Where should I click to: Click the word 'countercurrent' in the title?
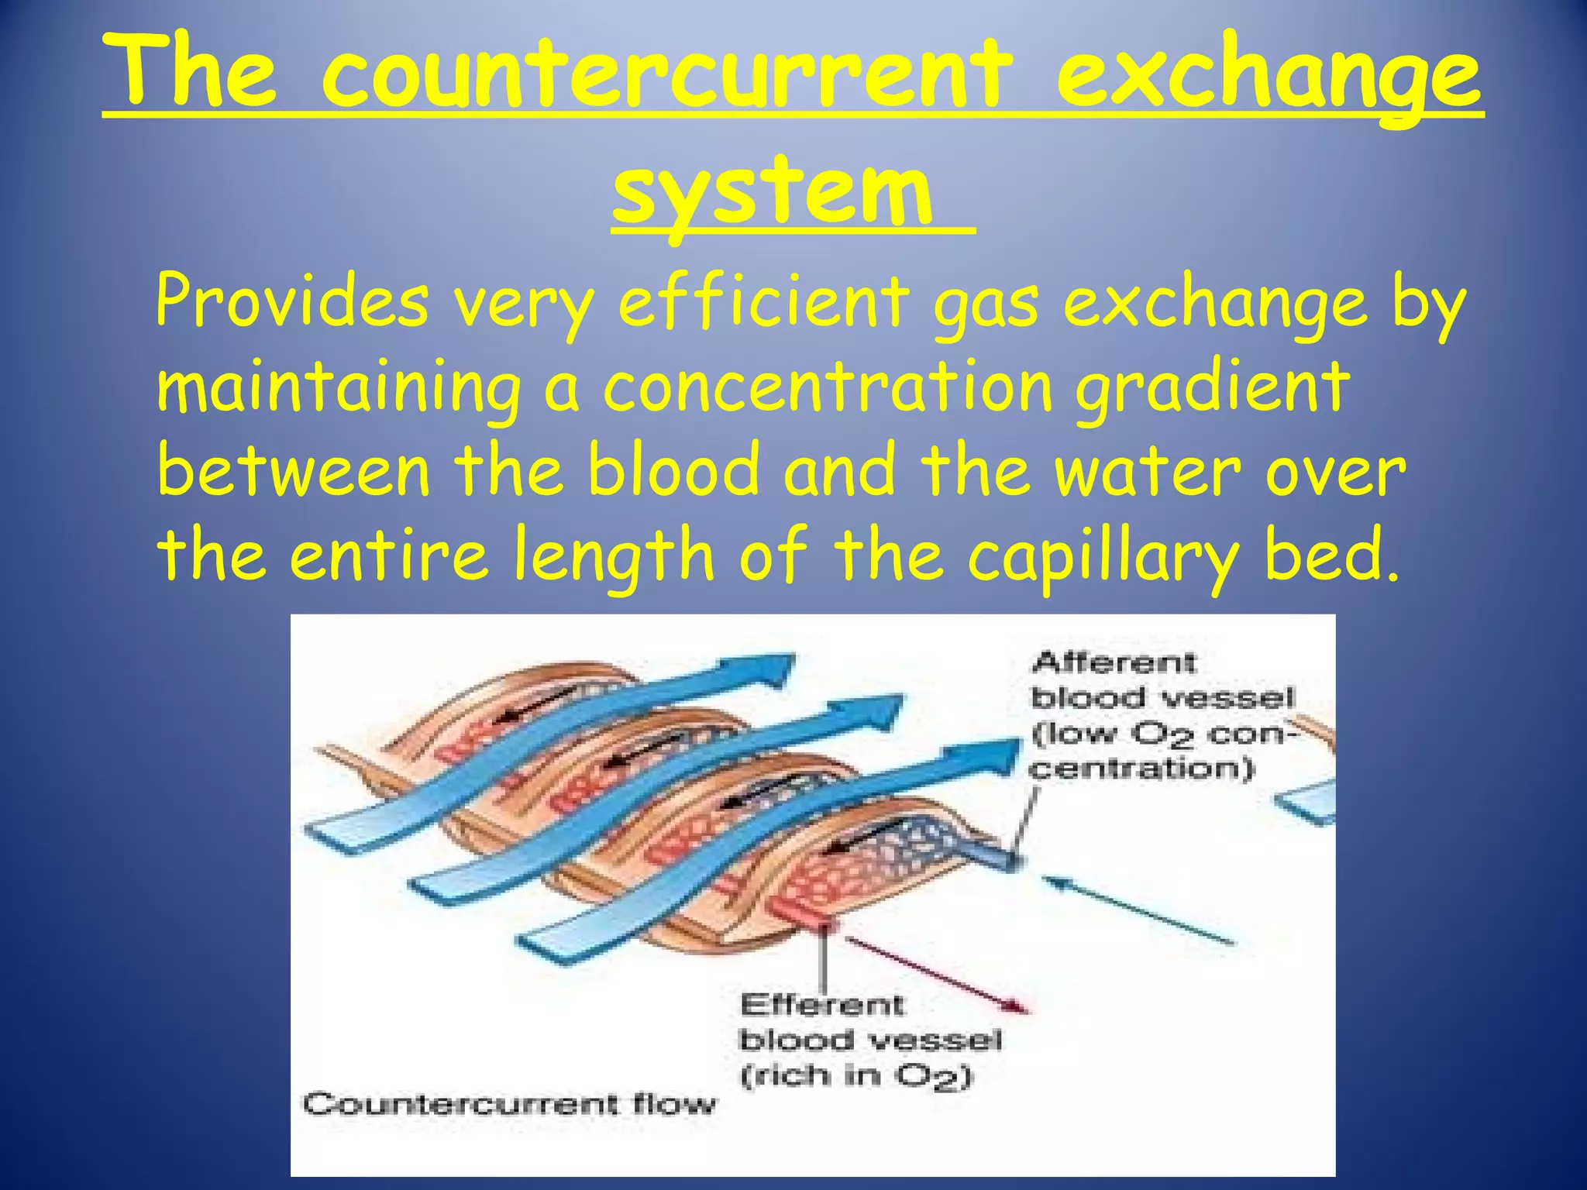point(666,74)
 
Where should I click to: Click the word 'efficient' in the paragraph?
point(763,302)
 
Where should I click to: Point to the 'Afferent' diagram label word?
point(1114,663)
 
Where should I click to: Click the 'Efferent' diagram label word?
point(821,1006)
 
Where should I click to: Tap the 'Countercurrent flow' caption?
point(510,1103)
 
